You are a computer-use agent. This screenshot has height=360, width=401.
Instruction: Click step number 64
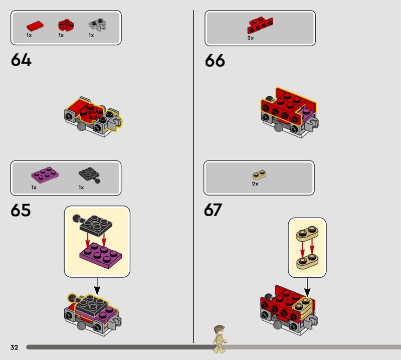(21, 60)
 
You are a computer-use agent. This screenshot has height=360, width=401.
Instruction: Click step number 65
(21, 210)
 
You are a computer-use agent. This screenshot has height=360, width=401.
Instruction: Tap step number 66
(215, 61)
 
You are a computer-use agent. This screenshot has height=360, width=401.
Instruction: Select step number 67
(213, 210)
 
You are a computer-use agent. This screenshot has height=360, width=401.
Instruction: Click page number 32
(15, 347)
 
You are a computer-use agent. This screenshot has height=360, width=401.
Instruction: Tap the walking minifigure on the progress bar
(220, 339)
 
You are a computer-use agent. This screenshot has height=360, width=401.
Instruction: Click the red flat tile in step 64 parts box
(35, 26)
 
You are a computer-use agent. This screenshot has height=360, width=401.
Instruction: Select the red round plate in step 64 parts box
(66, 25)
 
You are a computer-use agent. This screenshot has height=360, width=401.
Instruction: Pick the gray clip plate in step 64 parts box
(98, 25)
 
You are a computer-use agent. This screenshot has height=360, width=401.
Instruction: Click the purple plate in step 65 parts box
(45, 175)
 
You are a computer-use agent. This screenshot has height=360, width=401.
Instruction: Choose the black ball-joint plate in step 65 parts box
(90, 175)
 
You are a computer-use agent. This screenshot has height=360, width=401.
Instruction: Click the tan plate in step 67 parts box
(259, 175)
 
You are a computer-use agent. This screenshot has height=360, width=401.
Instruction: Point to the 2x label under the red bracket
(251, 38)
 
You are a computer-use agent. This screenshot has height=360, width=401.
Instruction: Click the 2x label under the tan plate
(255, 184)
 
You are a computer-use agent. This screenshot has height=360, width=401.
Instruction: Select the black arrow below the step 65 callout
(97, 286)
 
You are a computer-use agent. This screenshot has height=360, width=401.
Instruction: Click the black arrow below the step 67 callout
(307, 288)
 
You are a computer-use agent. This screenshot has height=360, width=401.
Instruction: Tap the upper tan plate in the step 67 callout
(307, 233)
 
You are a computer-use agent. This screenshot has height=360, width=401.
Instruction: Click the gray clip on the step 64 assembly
(115, 123)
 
